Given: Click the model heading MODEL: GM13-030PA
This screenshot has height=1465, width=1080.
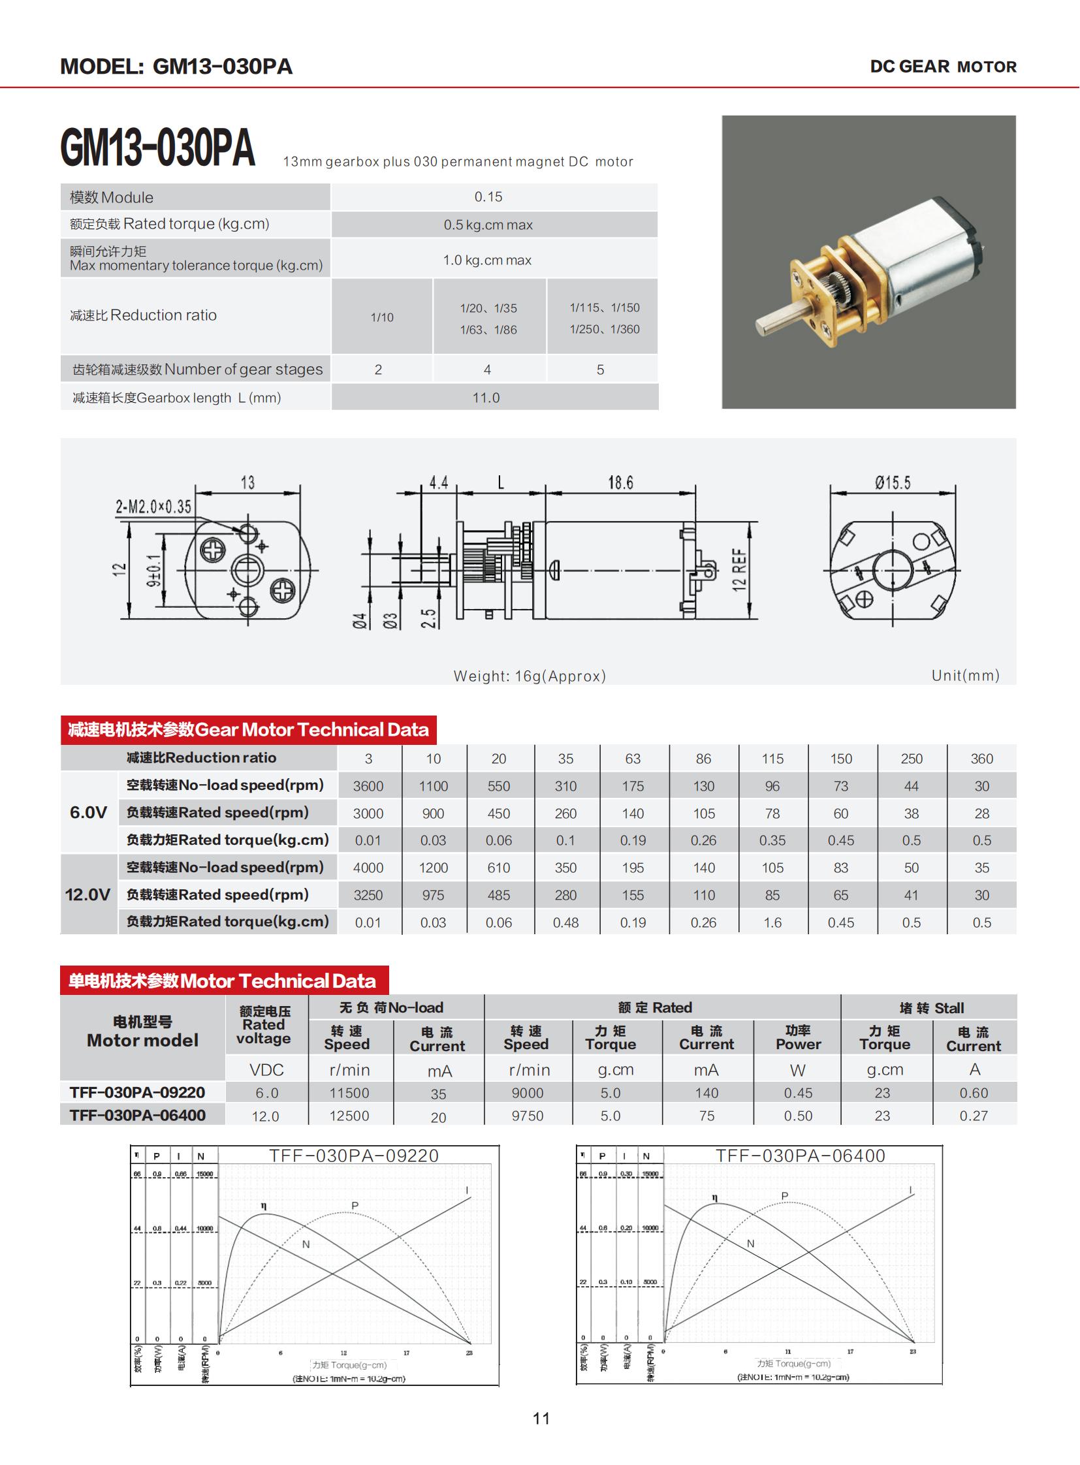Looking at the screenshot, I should [x=176, y=67].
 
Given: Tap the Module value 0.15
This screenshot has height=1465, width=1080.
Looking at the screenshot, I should [x=488, y=197].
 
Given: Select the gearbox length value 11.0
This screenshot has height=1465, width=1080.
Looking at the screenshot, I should [x=486, y=398].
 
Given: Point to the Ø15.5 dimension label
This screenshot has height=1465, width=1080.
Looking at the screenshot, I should [x=893, y=483].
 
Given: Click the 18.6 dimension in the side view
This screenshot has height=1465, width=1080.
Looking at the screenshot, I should [x=620, y=483].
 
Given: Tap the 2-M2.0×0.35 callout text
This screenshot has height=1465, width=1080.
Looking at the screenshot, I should [x=153, y=507].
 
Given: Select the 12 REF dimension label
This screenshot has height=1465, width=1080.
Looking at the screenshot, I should [x=739, y=570].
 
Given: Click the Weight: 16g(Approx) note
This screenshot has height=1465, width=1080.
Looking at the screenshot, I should [x=530, y=676].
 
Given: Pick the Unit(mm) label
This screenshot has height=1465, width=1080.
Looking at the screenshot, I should [x=965, y=675].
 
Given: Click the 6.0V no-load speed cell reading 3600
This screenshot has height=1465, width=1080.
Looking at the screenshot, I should [x=368, y=786].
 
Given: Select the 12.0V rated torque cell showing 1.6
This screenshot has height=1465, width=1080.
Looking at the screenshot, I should [x=772, y=922].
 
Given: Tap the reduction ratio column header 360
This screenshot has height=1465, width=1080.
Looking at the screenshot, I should [x=981, y=759].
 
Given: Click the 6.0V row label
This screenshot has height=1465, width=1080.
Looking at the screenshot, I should [x=88, y=813].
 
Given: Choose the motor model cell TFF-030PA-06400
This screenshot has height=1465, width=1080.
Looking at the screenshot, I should [x=137, y=1115].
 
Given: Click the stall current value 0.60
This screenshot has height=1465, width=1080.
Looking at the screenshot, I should [x=974, y=1093].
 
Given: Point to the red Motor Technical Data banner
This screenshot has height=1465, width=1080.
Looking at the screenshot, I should [x=223, y=981].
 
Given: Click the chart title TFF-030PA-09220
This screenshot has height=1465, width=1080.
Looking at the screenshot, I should [x=354, y=1156].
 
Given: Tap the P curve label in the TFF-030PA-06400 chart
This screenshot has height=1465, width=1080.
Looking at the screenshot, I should [x=784, y=1195].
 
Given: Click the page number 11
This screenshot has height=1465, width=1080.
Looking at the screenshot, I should [x=541, y=1419].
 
